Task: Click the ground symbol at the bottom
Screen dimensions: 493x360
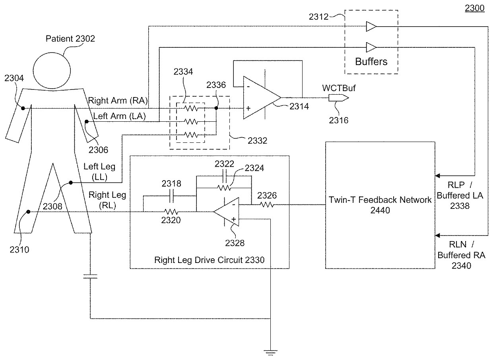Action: (270, 352)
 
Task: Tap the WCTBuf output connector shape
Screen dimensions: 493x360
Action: (338, 97)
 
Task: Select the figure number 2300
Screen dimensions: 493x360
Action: (475, 8)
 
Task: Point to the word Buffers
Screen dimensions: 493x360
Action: (371, 61)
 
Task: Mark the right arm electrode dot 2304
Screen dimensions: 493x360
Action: (23, 108)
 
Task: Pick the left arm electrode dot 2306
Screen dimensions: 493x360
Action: (87, 122)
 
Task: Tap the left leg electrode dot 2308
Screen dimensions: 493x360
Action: (71, 183)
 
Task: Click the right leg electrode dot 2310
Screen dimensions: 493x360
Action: (28, 212)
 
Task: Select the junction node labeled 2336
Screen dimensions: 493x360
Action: (216, 108)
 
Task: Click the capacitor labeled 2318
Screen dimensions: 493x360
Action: (172, 196)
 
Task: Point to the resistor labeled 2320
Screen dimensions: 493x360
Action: (171, 212)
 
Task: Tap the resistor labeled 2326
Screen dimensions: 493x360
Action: (267, 205)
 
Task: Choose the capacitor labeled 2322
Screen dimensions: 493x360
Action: (225, 176)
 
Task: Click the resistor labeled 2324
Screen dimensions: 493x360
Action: (224, 188)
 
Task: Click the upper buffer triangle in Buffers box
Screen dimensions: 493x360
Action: (371, 26)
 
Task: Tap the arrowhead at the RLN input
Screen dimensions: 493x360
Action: (437, 235)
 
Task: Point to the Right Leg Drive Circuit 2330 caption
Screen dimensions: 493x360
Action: (209, 260)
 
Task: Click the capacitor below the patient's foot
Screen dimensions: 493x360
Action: (90, 276)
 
